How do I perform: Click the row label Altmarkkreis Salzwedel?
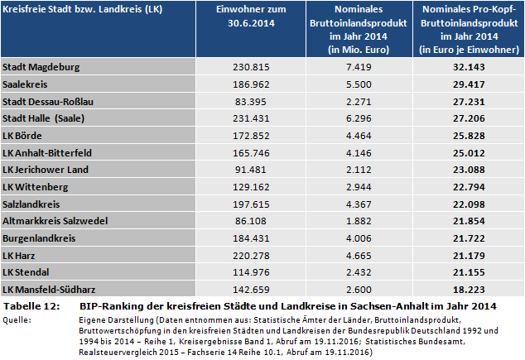pyautogui.click(x=52, y=221)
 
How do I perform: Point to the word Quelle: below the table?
pyautogui.click(x=18, y=319)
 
